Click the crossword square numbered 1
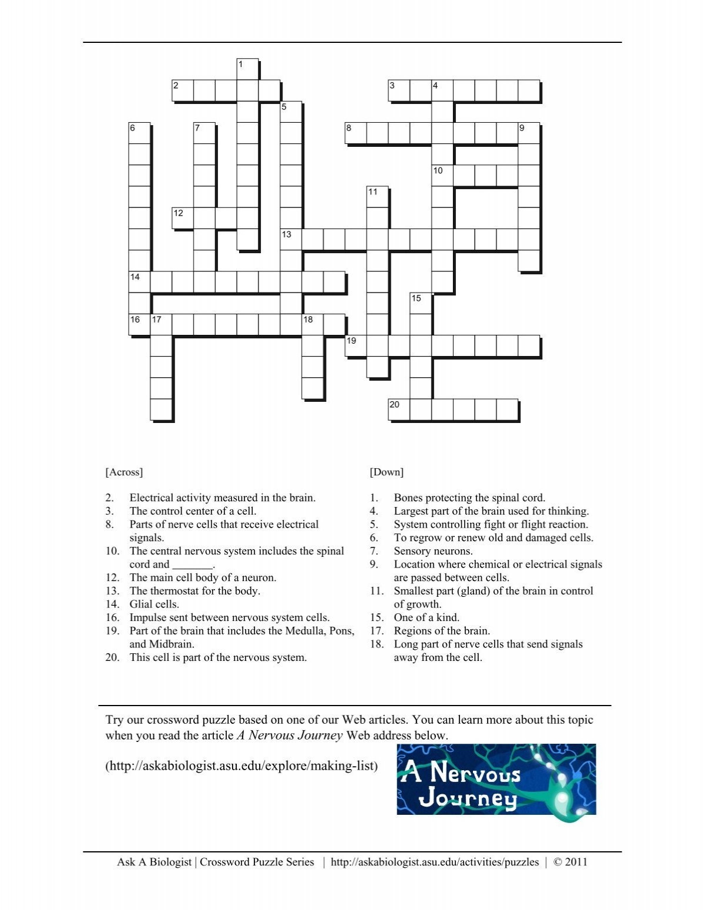pos(247,69)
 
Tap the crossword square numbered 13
pos(291,240)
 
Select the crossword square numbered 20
pos(399,409)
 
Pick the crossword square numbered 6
pos(139,133)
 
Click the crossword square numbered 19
pos(355,346)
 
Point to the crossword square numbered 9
pos(528,133)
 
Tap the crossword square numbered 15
pos(420,303)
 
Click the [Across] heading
pos(124,472)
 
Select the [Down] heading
pos(387,472)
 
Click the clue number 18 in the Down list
pos(377,644)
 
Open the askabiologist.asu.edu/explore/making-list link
pos(241,767)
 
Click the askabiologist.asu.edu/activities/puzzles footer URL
pos(435,862)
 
